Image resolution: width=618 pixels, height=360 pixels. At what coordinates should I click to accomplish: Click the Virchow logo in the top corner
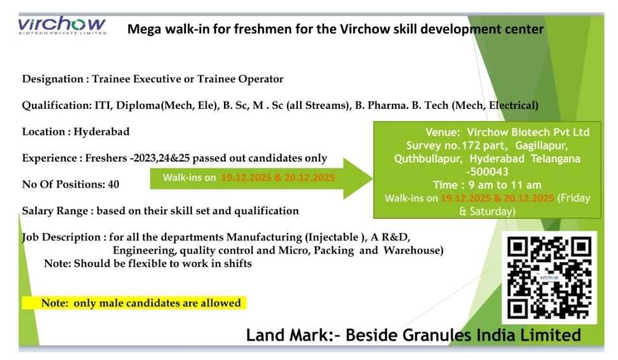[62, 26]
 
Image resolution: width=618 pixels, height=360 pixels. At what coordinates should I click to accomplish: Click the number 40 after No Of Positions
[113, 184]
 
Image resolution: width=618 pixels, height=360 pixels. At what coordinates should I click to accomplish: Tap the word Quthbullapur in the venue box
[428, 158]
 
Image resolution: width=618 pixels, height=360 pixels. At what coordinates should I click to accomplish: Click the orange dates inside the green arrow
[278, 177]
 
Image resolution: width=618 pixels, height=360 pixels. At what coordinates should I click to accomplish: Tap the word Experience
[49, 158]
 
